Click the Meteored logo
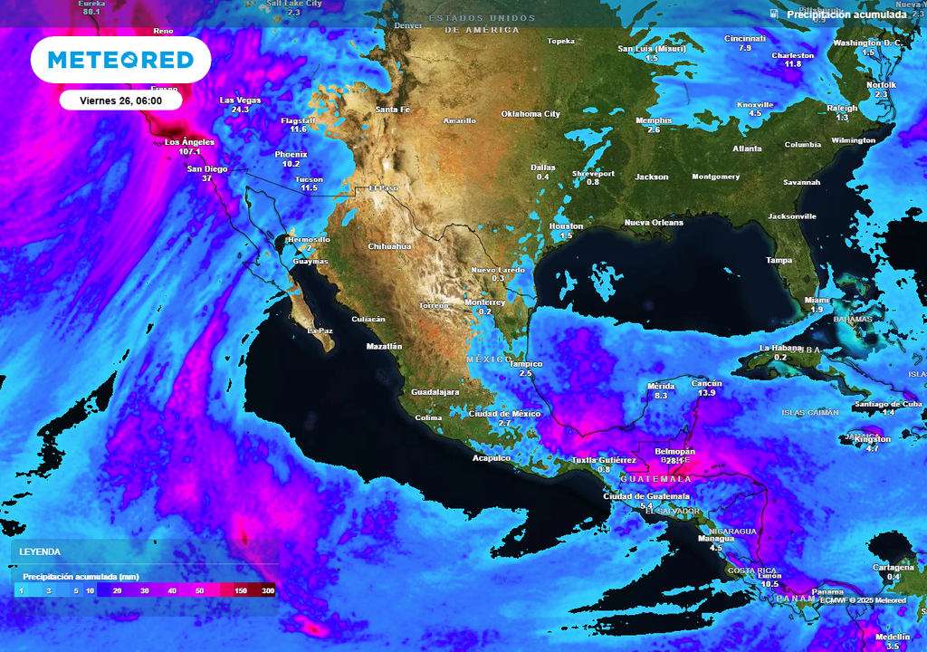click(120, 60)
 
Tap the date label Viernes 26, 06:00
click(120, 101)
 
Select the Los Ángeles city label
click(189, 142)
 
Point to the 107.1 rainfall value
click(189, 152)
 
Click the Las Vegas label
click(240, 100)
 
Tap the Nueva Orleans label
click(654, 222)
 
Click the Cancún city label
click(706, 383)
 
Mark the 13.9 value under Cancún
click(706, 393)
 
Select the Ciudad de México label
click(504, 414)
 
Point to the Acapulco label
click(492, 458)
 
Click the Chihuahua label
click(389, 246)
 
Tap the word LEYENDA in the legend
click(42, 551)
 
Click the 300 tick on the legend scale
click(268, 590)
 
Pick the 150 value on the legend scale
click(241, 590)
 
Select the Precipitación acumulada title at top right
click(846, 14)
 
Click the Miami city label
click(817, 300)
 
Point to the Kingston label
click(873, 439)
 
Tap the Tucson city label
click(309, 178)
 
